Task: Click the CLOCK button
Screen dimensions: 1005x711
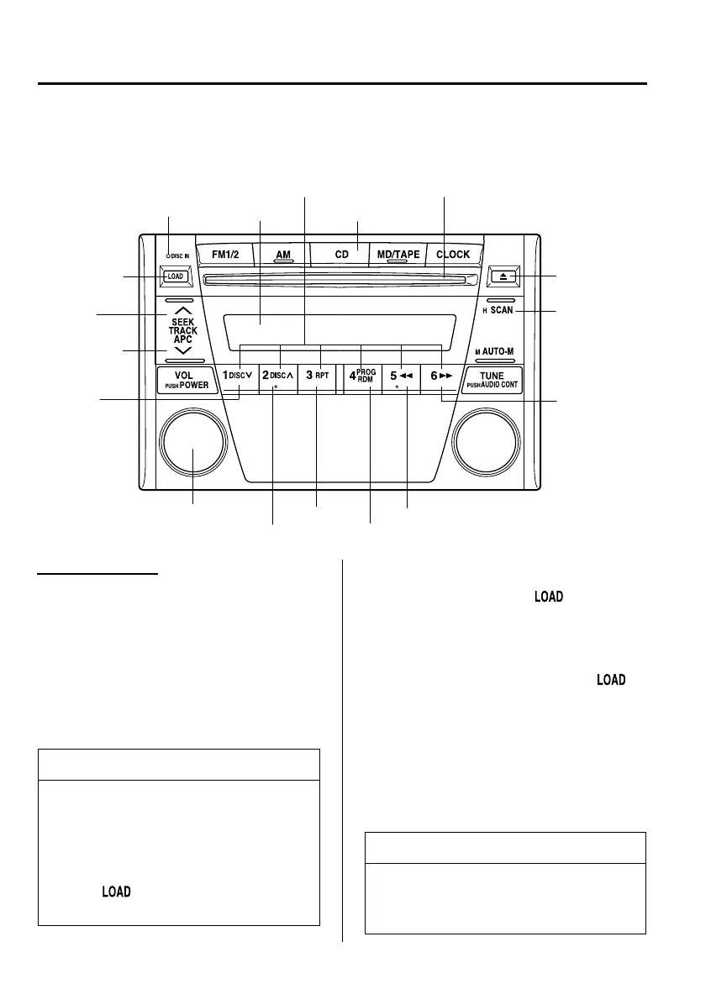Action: (x=453, y=254)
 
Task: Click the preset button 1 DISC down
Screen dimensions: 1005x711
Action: (x=238, y=376)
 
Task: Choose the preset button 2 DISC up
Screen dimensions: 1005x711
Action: (x=277, y=376)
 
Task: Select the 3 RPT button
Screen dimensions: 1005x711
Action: (x=316, y=376)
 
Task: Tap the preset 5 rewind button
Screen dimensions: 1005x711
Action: (x=401, y=376)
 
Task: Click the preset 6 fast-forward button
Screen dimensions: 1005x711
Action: (x=440, y=376)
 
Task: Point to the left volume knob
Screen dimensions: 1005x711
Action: (x=194, y=442)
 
